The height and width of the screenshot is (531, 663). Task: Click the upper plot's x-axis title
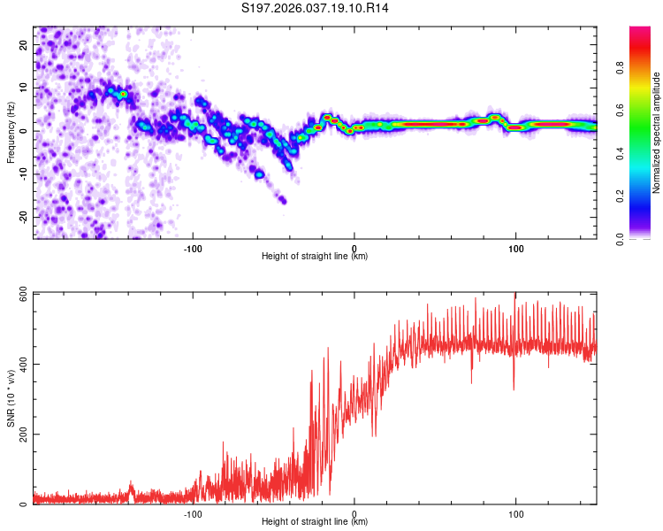(x=315, y=256)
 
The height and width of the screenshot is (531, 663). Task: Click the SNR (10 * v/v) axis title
(x=11, y=398)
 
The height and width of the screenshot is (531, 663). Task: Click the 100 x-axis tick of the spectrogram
(x=515, y=248)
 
